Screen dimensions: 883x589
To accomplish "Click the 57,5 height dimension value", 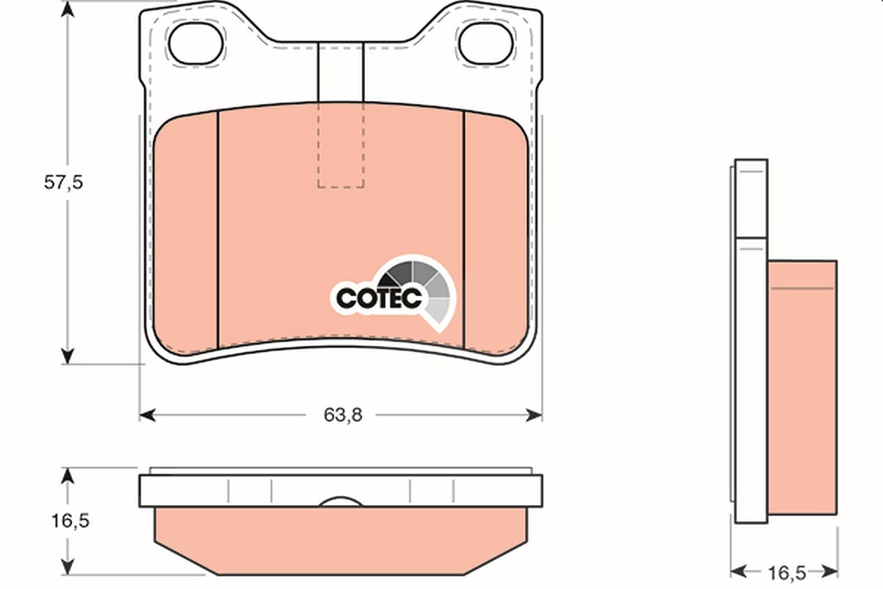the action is click(x=63, y=183).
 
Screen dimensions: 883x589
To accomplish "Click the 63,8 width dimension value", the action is click(x=343, y=415).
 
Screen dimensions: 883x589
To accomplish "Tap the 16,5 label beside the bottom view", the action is click(x=71, y=521).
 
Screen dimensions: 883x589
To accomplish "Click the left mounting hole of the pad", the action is click(x=196, y=43).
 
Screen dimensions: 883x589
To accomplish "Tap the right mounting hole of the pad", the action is click(x=486, y=43).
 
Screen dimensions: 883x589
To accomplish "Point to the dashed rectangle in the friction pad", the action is click(x=341, y=145).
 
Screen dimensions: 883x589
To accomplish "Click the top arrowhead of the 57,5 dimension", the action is click(x=68, y=9).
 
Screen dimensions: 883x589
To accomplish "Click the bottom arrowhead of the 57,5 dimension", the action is click(x=68, y=356).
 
